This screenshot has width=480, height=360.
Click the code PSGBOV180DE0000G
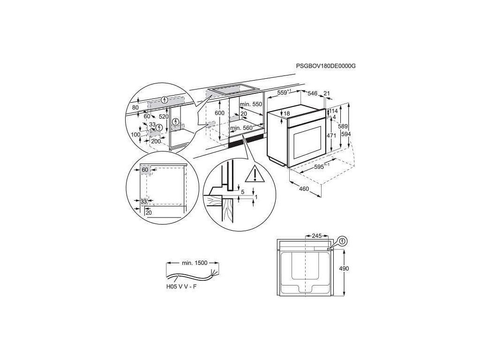tap(326, 66)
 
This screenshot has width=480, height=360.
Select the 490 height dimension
tap(351, 268)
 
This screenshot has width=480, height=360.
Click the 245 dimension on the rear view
tap(316, 236)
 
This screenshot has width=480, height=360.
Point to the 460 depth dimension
tap(304, 189)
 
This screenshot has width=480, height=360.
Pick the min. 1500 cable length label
tap(194, 263)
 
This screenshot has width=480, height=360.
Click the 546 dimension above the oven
tap(313, 93)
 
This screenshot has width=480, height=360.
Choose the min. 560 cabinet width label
tap(241, 128)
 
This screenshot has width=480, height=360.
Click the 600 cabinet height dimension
tap(220, 114)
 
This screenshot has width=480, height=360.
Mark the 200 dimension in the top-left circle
tap(156, 141)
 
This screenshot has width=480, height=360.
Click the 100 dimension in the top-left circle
tap(135, 135)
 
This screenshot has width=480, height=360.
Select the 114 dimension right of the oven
tap(334, 111)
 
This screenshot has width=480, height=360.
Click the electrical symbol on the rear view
tap(343, 241)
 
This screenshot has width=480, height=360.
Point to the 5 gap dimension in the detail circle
tap(242, 191)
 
